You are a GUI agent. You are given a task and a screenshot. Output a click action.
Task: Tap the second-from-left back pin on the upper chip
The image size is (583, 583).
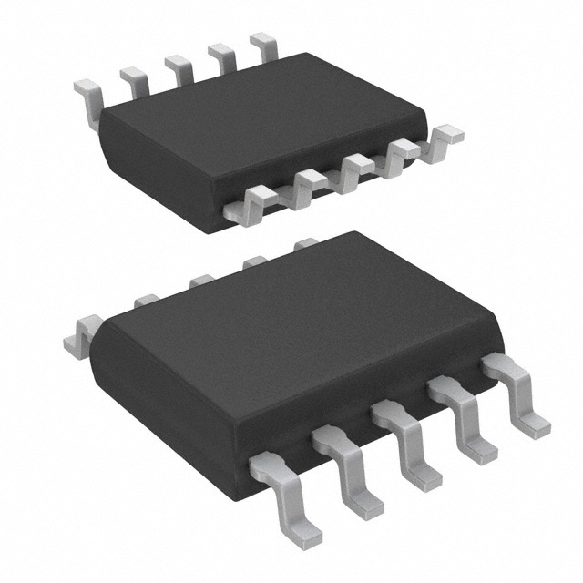[135, 80]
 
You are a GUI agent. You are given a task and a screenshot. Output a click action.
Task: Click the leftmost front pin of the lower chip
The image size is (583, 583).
[279, 487]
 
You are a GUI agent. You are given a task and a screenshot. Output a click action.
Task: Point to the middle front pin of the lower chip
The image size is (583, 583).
[405, 446]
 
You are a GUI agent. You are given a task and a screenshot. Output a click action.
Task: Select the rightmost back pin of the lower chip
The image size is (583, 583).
[306, 243]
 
